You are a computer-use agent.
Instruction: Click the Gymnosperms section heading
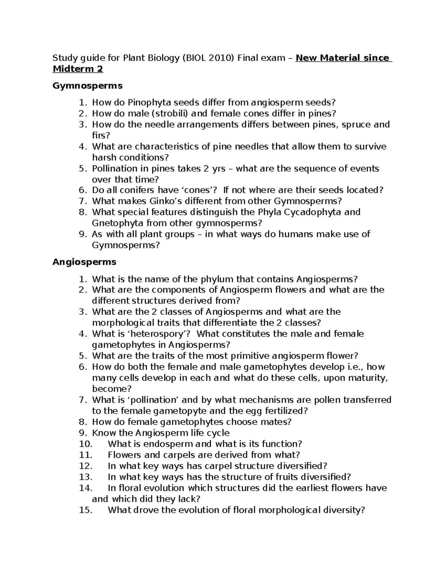point(87,86)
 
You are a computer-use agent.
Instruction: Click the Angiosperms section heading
point(84,262)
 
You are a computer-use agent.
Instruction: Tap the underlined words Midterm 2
point(78,69)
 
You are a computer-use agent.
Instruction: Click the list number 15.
point(85,510)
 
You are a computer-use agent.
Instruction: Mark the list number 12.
point(85,466)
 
